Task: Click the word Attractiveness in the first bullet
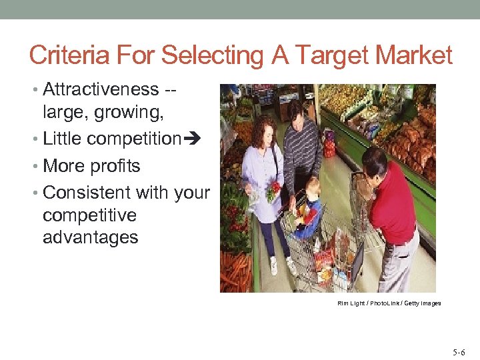tap(101, 89)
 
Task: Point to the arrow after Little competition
tap(191, 139)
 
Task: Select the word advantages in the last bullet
tap(91, 237)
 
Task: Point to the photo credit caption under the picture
tap(389, 303)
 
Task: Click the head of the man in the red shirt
tap(375, 162)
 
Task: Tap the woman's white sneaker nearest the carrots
tap(273, 265)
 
